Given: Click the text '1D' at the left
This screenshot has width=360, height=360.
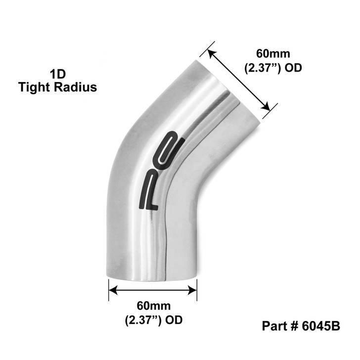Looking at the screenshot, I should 57,75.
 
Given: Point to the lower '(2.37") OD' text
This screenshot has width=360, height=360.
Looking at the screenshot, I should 153,320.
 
